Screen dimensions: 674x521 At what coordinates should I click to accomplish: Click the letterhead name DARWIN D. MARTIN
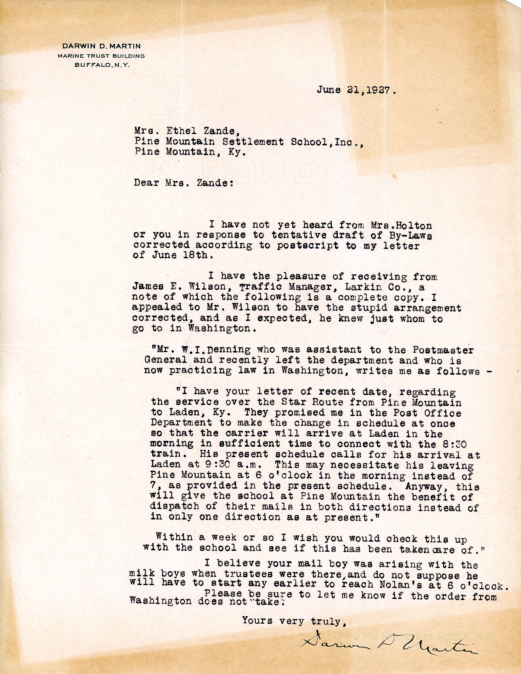(102, 46)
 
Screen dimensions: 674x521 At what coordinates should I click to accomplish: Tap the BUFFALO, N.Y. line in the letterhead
(102, 65)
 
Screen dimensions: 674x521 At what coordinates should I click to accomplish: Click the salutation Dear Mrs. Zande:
(184, 183)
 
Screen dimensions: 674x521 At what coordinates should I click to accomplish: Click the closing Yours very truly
(293, 621)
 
